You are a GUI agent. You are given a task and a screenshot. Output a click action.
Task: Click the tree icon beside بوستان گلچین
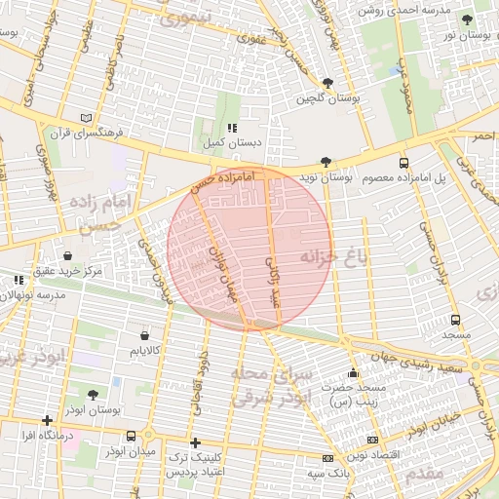[326, 83]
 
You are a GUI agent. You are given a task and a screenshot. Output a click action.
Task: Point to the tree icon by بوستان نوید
[326, 163]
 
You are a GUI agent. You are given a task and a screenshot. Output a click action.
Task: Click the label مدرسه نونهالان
[40, 294]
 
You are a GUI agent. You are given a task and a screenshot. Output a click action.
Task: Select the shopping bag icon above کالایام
[145, 334]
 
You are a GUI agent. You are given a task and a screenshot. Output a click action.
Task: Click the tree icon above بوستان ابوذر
[93, 395]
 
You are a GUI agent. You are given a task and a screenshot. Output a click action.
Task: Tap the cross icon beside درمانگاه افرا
[47, 420]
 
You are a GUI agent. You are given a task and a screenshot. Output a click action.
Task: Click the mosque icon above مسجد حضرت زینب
[353, 372]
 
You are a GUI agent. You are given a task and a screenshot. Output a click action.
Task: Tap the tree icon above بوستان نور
[467, 19]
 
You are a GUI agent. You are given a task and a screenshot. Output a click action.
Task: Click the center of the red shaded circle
[249, 248]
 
